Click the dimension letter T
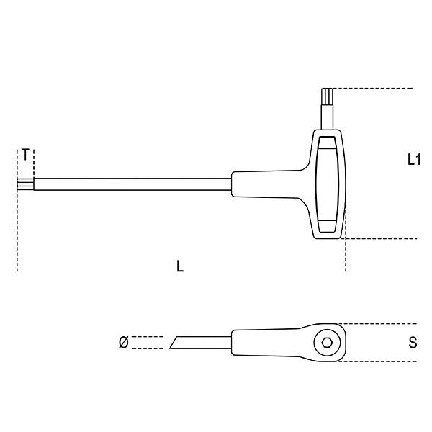(26, 155)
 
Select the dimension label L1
(413, 160)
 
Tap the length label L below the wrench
(180, 266)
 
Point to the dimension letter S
(413, 343)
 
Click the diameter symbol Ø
(123, 343)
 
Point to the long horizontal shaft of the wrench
(130, 185)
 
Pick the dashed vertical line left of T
(17, 216)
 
